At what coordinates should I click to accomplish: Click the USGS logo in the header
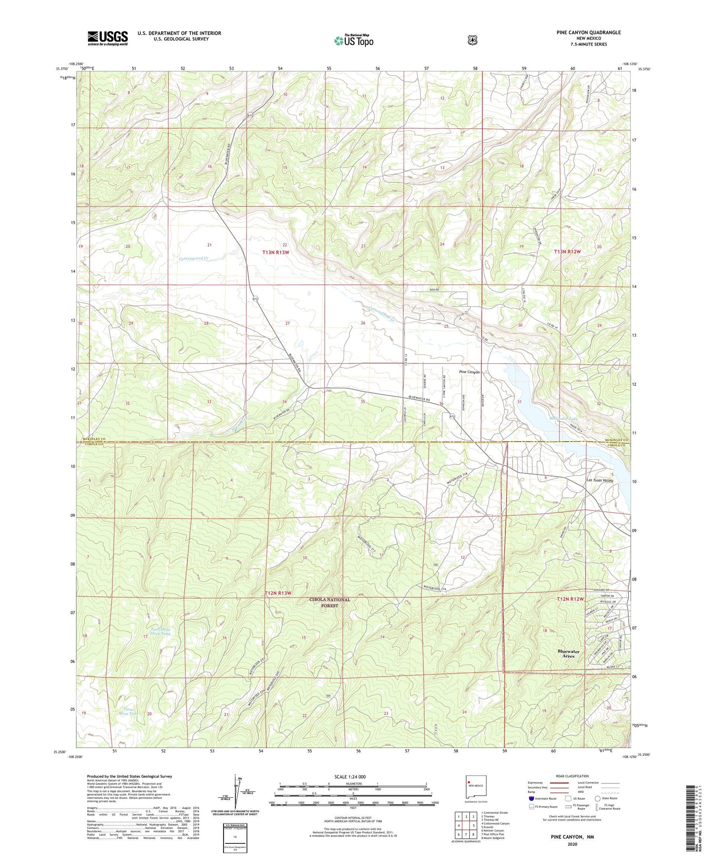pos(108,38)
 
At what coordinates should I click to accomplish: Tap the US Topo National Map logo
pos(353,40)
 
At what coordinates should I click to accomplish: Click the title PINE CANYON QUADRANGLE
pos(588,33)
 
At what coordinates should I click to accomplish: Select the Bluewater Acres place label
pos(568,653)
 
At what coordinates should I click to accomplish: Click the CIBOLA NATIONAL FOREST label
pos(330,602)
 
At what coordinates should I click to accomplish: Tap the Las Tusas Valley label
pos(599,480)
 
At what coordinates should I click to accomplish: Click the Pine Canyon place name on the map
pos(469,372)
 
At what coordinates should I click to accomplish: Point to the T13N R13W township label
pos(276,252)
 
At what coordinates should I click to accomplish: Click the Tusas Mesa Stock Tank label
pos(157,631)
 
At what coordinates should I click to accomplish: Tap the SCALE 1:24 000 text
pos(350,777)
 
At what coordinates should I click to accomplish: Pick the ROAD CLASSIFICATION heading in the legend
pos(571,777)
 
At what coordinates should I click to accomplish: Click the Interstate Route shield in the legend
pos(531,798)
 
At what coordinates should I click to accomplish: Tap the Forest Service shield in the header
pos(473,39)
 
